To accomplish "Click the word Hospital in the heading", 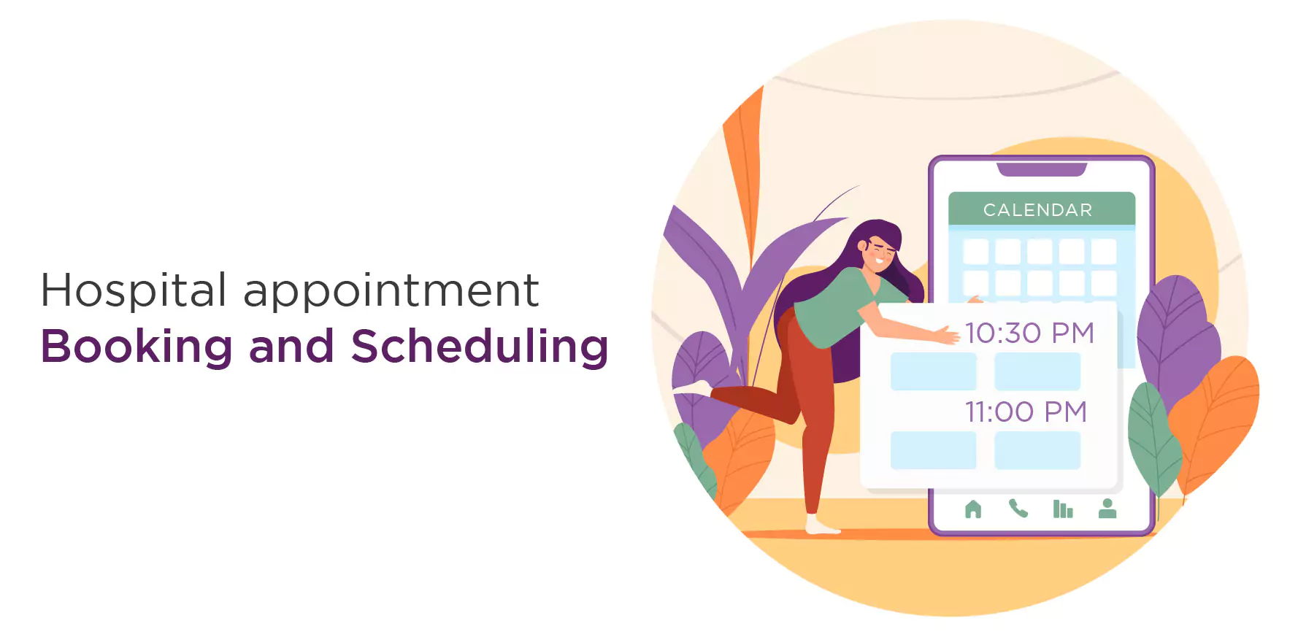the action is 134,291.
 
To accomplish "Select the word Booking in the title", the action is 137,347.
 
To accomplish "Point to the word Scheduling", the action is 480,347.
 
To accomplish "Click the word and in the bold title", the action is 291,347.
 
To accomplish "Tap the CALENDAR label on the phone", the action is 1037,210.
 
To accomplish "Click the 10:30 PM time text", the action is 1029,333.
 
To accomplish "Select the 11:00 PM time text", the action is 1026,412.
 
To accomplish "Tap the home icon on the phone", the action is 973,509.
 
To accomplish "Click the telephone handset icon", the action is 1018,508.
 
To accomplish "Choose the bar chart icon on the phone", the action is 1063,509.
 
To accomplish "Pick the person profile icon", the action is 1107,508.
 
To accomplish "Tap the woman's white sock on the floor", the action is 821,525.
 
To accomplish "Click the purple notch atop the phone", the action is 1042,170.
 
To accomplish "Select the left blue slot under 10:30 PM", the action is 933,371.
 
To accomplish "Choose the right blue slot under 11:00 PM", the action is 1037,450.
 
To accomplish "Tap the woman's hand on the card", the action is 947,335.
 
